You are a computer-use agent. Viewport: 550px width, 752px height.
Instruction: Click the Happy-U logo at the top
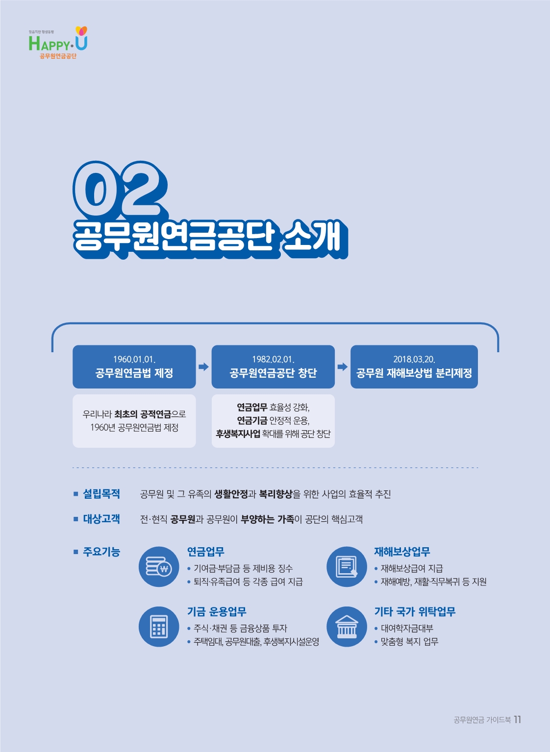pyautogui.click(x=58, y=43)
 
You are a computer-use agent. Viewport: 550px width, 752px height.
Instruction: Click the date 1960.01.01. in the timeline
pyautogui.click(x=134, y=359)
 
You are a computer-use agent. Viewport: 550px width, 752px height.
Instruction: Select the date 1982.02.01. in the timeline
pyautogui.click(x=273, y=359)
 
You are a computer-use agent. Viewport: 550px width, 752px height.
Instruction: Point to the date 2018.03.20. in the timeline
pyautogui.click(x=414, y=359)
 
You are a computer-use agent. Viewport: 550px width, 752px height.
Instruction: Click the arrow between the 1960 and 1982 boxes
pyautogui.click(x=203, y=366)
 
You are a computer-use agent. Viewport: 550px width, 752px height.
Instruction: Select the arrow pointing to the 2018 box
pyautogui.click(x=343, y=366)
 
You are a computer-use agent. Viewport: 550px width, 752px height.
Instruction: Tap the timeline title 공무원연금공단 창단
pyautogui.click(x=273, y=373)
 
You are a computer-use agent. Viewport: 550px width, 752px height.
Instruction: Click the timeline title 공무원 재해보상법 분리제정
pyautogui.click(x=414, y=373)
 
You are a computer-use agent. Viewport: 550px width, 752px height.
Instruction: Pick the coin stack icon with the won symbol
pyautogui.click(x=158, y=567)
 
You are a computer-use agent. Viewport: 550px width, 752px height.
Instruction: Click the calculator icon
pyautogui.click(x=158, y=627)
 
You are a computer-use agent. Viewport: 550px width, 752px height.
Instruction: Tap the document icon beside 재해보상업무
pyautogui.click(x=347, y=567)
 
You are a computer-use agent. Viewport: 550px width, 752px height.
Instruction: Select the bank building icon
pyautogui.click(x=347, y=627)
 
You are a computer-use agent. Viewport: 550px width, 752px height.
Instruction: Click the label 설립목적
pyautogui.click(x=101, y=494)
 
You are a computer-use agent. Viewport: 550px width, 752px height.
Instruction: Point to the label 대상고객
pyautogui.click(x=101, y=519)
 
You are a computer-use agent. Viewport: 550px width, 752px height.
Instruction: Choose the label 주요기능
pyautogui.click(x=101, y=552)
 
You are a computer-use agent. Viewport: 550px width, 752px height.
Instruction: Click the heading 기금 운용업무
pyautogui.click(x=217, y=611)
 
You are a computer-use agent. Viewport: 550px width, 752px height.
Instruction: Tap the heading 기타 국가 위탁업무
pyautogui.click(x=415, y=611)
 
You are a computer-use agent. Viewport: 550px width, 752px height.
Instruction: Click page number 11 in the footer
pyautogui.click(x=518, y=720)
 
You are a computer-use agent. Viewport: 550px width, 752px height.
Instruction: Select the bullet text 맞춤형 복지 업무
pyautogui.click(x=409, y=642)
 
